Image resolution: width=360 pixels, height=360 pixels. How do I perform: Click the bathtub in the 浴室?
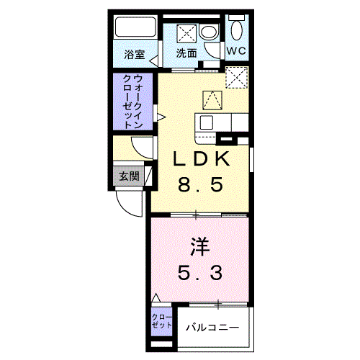[x=135, y=31]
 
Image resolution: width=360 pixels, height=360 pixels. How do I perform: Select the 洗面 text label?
[x=187, y=54]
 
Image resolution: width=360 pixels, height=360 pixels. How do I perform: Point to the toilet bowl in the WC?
[x=236, y=30]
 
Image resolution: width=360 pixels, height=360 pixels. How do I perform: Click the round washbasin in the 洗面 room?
[x=208, y=32]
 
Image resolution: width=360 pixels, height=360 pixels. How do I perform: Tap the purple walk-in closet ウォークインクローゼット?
[x=132, y=102]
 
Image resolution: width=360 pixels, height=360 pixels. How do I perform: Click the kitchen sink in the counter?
[x=207, y=122]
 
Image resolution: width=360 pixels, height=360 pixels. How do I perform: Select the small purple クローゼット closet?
[x=162, y=322]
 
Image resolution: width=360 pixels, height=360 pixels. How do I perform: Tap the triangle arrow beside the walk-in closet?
[x=163, y=116]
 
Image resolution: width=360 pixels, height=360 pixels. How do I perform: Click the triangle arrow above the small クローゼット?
[x=156, y=297]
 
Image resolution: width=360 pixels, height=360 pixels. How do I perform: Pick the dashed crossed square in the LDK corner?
[x=236, y=77]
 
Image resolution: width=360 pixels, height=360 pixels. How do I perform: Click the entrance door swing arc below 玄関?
[x=130, y=204]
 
